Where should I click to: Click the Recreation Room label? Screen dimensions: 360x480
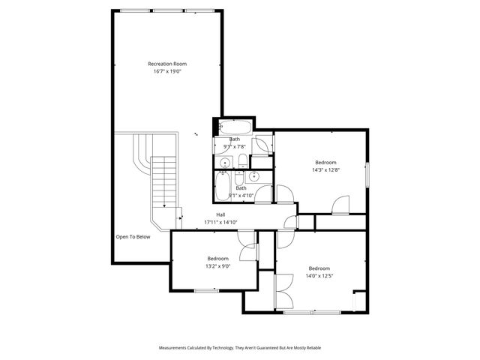[167, 64]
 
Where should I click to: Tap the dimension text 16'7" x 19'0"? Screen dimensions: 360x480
[167, 71]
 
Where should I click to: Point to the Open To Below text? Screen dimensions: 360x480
[133, 237]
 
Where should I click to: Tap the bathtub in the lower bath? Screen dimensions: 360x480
[223, 187]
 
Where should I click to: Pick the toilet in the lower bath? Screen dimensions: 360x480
[239, 178]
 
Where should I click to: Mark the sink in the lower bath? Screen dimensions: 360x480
[254, 177]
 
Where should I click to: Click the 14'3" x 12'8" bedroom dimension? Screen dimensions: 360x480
[325, 169]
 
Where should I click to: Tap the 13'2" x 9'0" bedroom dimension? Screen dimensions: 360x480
[217, 265]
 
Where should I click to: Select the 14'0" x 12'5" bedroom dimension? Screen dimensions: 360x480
[319, 275]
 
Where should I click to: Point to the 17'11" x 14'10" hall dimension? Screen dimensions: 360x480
[220, 222]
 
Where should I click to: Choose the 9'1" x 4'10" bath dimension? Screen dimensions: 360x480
[240, 196]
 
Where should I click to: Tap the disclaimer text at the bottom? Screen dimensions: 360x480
[239, 348]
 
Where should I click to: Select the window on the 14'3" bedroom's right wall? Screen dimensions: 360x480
[367, 174]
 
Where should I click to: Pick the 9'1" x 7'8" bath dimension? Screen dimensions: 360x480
[235, 146]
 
